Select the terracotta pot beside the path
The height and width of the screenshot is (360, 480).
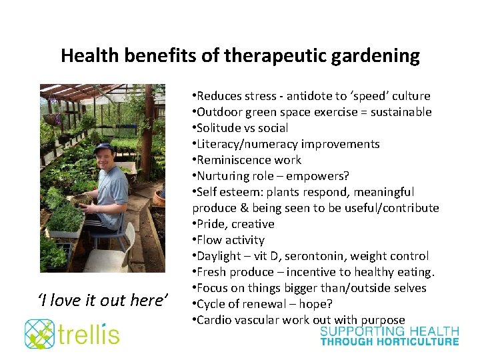pyautogui.click(x=159, y=197)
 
